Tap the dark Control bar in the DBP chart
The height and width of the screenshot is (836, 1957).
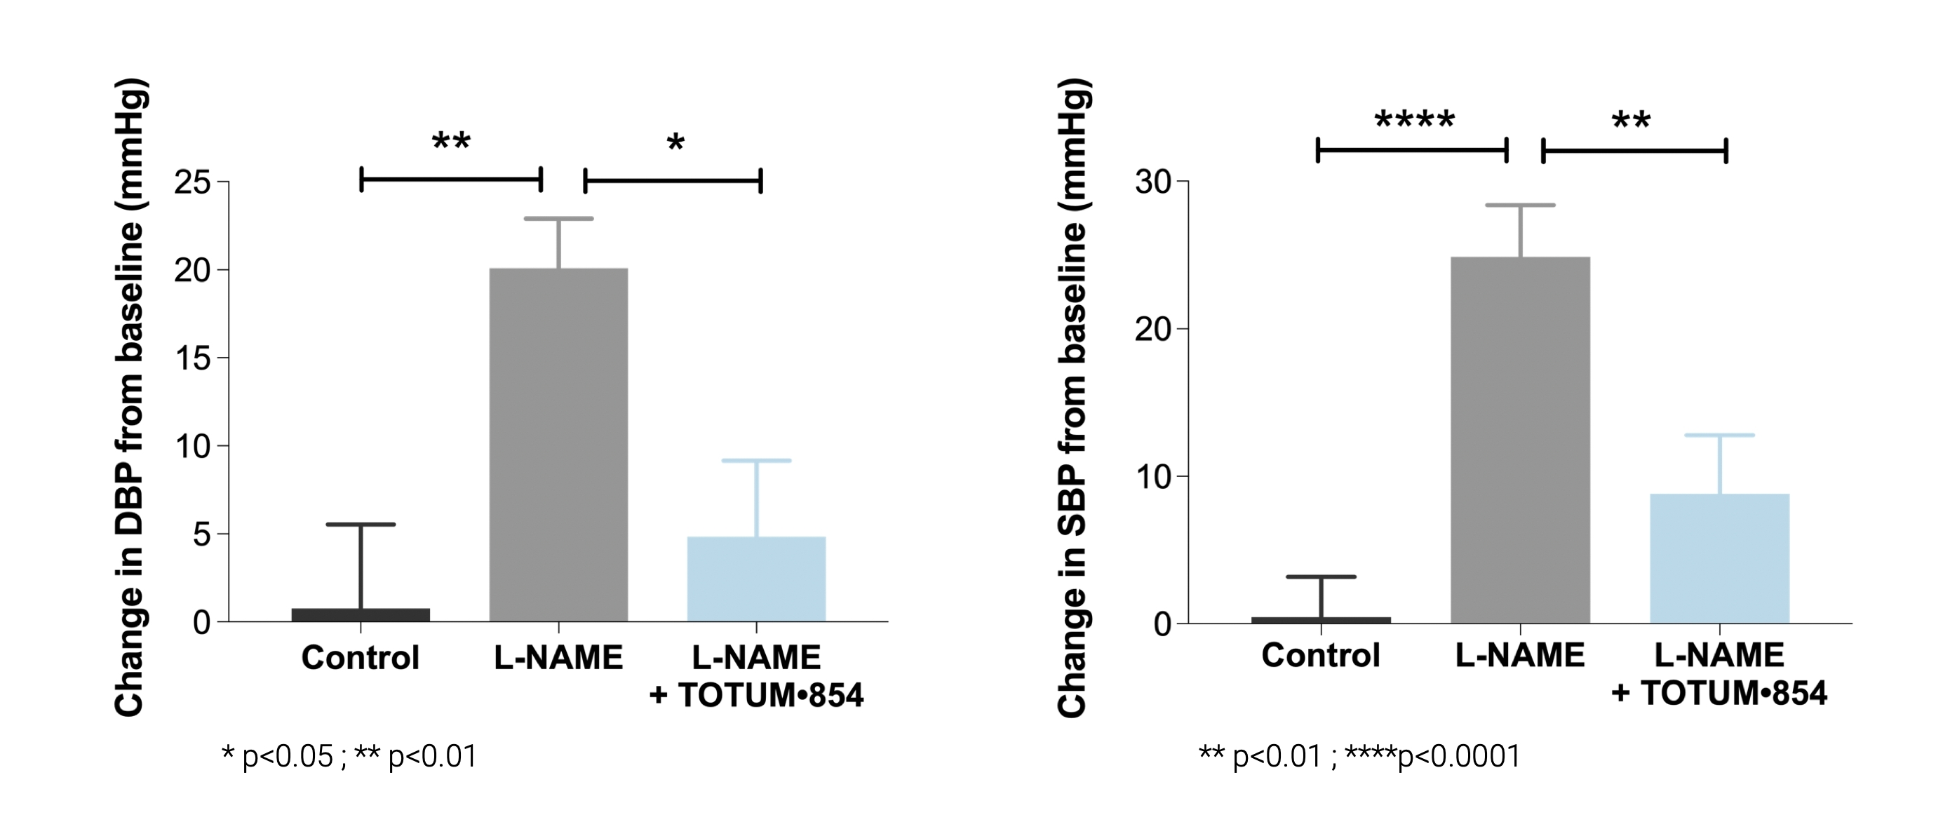tap(360, 614)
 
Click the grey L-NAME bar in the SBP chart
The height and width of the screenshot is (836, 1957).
tap(1520, 440)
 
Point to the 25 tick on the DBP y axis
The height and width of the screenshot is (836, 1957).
tap(191, 182)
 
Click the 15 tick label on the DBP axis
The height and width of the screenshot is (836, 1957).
tap(191, 358)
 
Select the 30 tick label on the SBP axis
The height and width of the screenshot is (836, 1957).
tap(1152, 182)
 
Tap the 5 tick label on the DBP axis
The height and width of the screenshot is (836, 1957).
tap(201, 534)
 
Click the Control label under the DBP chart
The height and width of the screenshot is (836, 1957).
tap(360, 658)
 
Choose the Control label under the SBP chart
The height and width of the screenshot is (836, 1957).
tap(1320, 655)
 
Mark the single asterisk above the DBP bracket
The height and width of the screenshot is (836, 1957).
tap(675, 144)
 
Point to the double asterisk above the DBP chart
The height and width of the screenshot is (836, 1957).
tap(451, 142)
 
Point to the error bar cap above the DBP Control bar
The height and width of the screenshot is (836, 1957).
tap(360, 525)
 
